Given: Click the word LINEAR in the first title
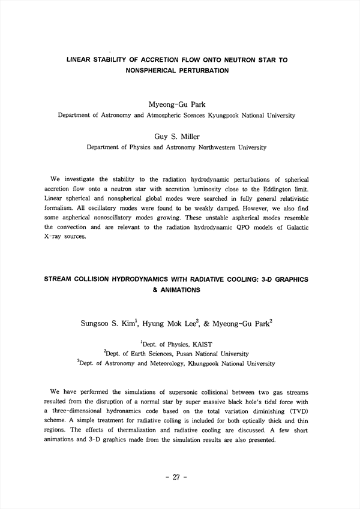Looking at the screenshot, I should point(79,60).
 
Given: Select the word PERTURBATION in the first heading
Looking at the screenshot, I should point(202,70).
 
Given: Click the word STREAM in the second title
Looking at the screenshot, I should point(61,279).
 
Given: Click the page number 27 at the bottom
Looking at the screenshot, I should point(176,478).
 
